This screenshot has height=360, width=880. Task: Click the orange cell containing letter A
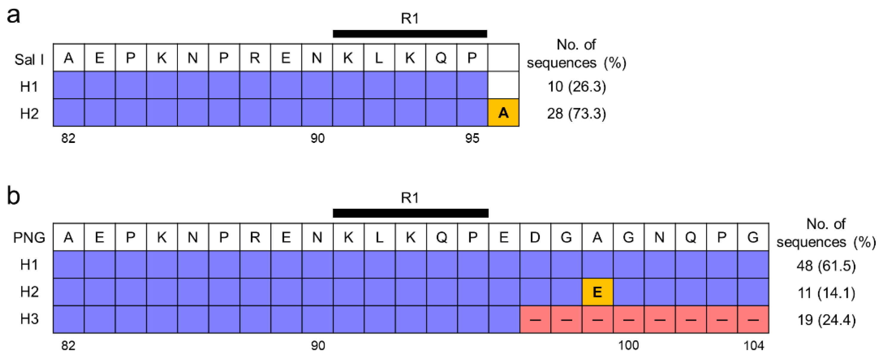click(503, 113)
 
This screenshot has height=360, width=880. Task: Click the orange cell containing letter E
click(597, 292)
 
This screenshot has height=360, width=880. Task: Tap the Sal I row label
click(29, 60)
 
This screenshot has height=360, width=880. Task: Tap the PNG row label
click(29, 238)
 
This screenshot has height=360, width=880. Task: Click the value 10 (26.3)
click(577, 86)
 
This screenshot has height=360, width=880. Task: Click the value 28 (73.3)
click(577, 113)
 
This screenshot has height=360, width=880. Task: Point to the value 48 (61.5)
click(826, 265)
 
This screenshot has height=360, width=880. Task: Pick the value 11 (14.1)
click(826, 293)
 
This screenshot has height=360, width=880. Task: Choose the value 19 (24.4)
click(826, 320)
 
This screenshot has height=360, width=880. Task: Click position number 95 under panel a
click(472, 138)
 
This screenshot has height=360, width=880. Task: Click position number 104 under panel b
click(754, 346)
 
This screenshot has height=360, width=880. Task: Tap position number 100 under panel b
click(629, 346)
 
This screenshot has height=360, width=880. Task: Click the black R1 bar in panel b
click(410, 213)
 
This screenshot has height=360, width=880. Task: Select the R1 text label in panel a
click(410, 18)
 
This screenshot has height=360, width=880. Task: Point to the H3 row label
click(29, 319)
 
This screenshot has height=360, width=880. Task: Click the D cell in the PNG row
click(535, 237)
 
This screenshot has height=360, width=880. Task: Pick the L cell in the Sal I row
click(379, 58)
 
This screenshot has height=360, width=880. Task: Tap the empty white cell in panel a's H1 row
click(503, 85)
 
